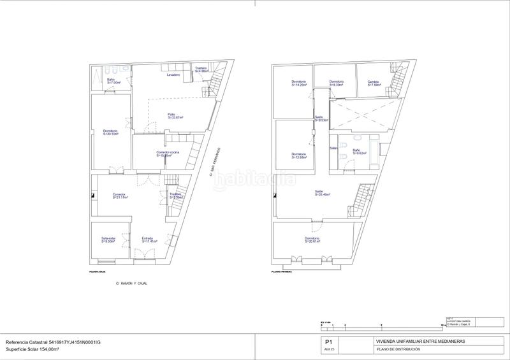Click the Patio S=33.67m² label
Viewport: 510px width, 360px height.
[175, 116]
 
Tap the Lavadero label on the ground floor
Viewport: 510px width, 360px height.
[173, 75]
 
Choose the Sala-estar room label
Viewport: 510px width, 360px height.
[108, 240]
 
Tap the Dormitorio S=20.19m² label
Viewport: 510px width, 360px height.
[111, 133]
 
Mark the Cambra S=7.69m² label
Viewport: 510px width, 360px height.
[374, 83]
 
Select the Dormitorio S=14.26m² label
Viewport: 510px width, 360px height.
[300, 83]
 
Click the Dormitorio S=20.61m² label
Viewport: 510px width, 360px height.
[312, 240]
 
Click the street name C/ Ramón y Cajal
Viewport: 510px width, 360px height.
[131, 282]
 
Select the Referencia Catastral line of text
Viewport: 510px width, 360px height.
[53, 343]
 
